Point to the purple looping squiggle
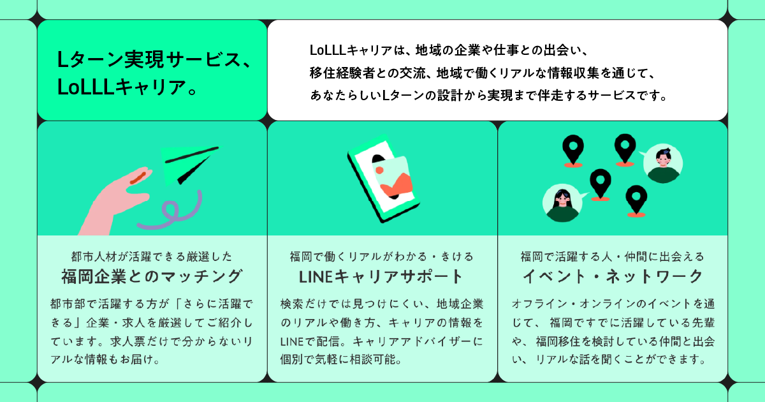coord(171,212)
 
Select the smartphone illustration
coord(383,179)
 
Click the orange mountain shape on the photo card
coord(397,185)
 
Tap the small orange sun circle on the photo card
coord(379,170)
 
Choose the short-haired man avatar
coord(663,164)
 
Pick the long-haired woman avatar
coord(562,203)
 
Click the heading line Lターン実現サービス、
coord(155,59)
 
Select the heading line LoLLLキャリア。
coord(127,87)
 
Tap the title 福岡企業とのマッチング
coord(152,276)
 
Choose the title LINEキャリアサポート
coord(381,276)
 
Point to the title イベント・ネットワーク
coord(613,276)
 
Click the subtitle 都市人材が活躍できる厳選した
coord(152,257)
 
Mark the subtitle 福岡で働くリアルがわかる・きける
coord(381,257)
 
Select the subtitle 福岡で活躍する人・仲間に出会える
coord(613,257)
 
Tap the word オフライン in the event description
coord(539,304)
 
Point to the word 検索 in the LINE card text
coord(292,304)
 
